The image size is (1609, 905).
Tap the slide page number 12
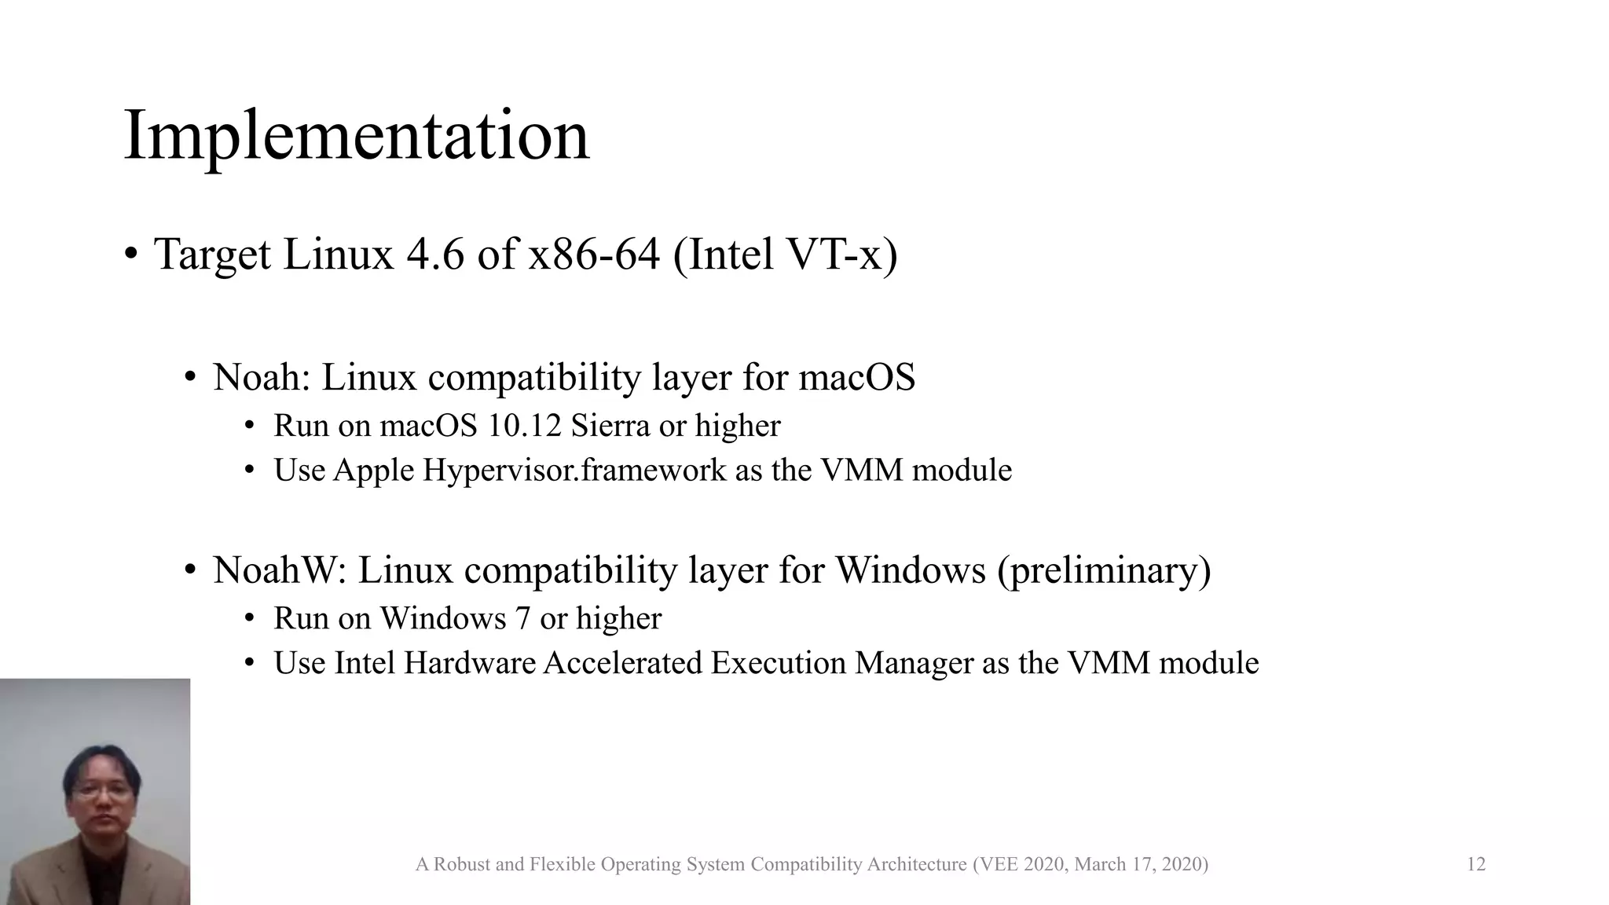pos(1475,864)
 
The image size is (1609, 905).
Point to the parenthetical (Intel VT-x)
pos(785,255)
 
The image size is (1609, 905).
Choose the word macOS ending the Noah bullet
pos(856,377)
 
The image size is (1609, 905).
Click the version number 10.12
pos(524,426)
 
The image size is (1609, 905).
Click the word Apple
pos(373,471)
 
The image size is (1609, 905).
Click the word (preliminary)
pos(1104,570)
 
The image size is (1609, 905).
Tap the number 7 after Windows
pos(522,618)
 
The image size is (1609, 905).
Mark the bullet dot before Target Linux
pos(131,255)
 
